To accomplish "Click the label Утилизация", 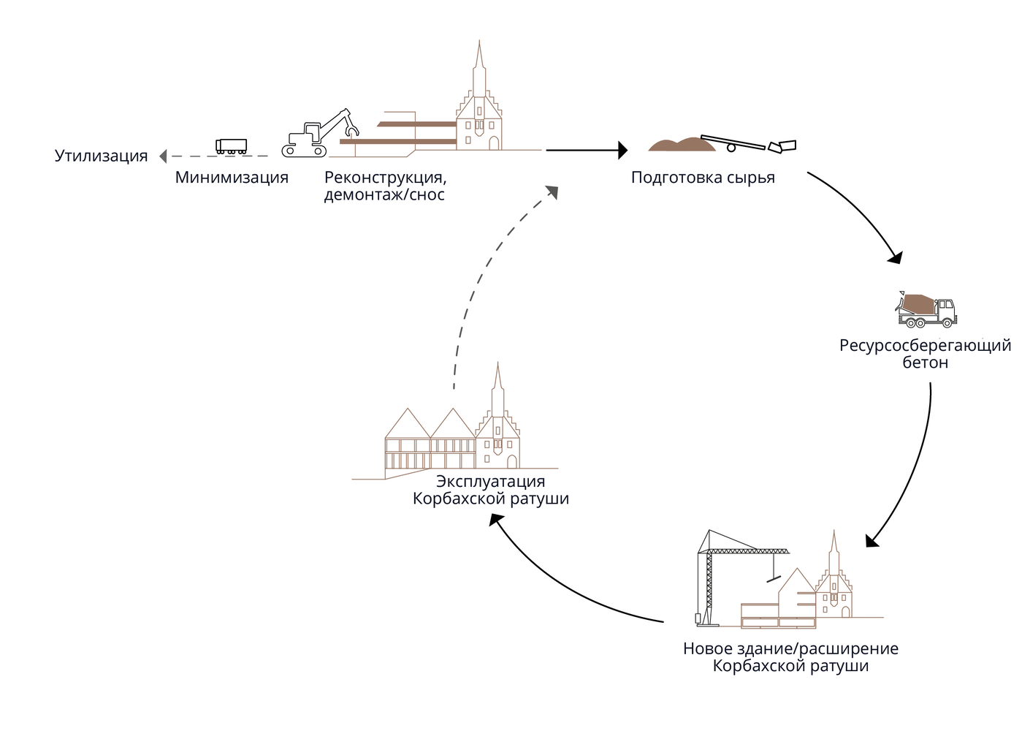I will (x=101, y=156).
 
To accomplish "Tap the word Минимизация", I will (x=232, y=177).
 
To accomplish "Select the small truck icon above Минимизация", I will (x=231, y=146).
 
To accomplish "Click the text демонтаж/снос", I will (x=384, y=194).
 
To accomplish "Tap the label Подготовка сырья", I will (x=703, y=177).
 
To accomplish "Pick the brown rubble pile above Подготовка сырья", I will (x=682, y=145).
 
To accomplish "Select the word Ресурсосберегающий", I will (x=925, y=345).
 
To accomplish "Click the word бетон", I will (x=925, y=363).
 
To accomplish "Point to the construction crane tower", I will (x=708, y=585).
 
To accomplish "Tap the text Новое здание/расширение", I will (x=790, y=648).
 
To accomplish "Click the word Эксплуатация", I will (x=490, y=481).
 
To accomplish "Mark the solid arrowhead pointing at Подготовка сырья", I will (x=622, y=150).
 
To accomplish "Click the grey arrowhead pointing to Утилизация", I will (x=163, y=156).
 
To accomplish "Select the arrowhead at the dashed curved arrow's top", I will (x=552, y=192).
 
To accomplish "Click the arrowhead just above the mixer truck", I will (x=895, y=257).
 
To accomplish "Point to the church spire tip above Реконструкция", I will (x=479, y=42).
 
